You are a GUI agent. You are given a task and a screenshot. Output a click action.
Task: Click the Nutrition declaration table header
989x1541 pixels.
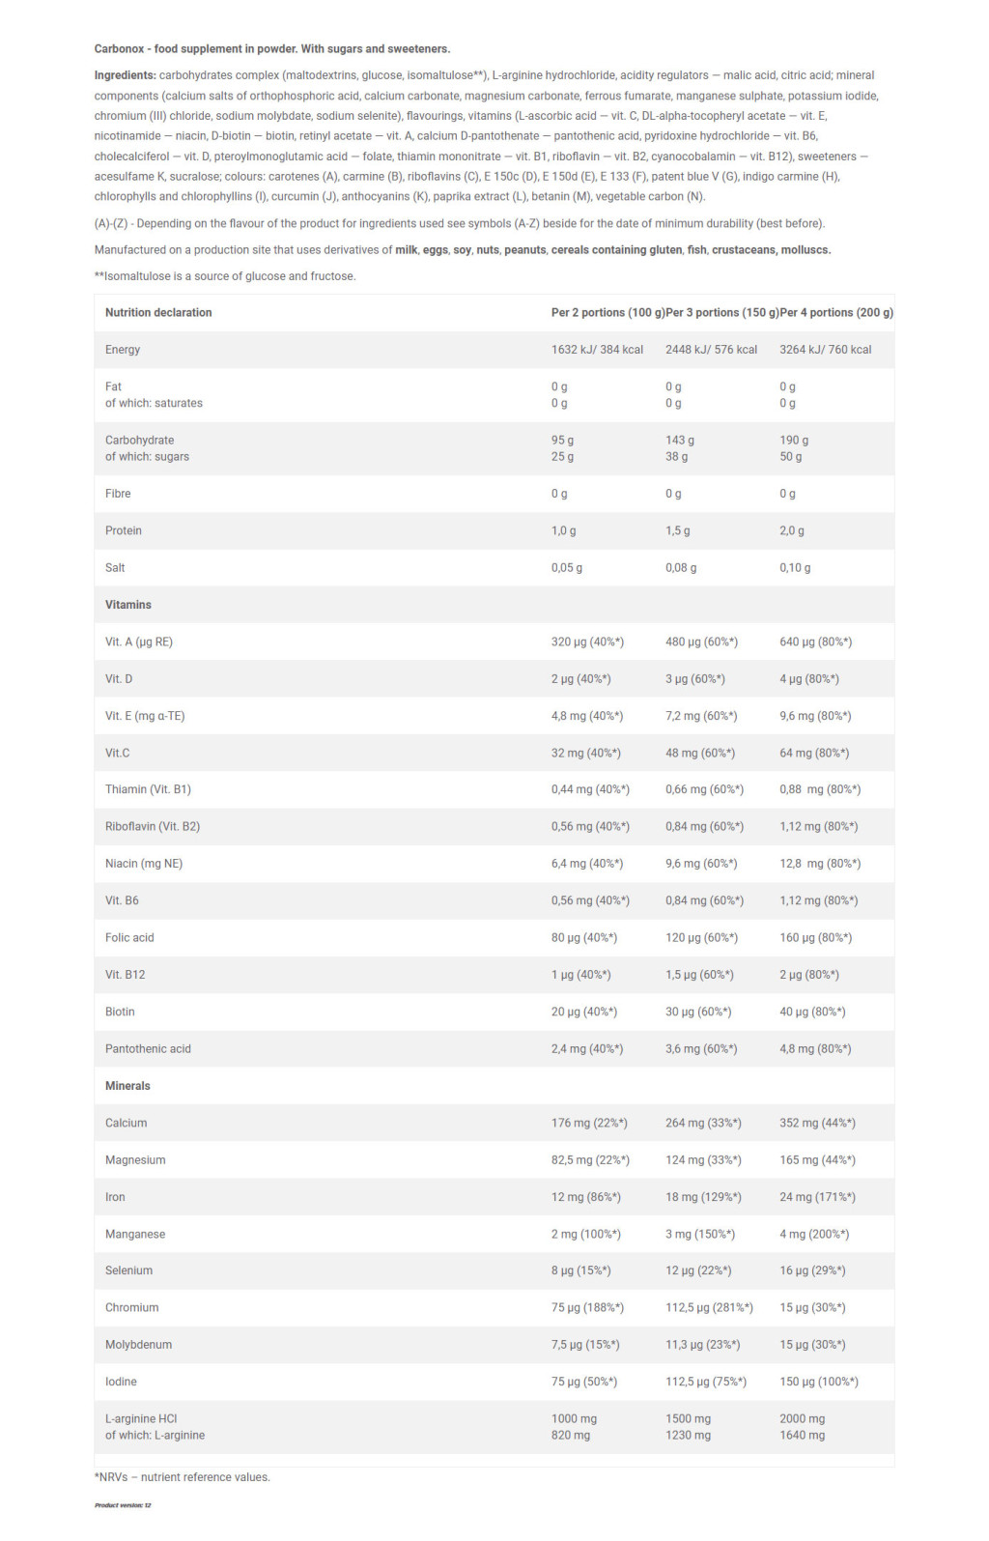pos(158,312)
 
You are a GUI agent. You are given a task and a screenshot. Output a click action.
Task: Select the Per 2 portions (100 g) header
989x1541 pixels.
pos(608,312)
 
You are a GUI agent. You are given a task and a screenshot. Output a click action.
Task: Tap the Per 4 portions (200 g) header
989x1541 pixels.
pos(836,312)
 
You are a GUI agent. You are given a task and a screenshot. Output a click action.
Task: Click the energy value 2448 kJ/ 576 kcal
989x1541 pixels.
pos(711,350)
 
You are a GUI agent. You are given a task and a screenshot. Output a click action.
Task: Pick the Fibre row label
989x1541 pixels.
pos(118,494)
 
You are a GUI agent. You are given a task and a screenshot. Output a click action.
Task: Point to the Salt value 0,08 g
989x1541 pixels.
pos(681,568)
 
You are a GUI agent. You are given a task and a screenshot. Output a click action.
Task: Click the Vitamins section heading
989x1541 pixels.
pos(128,605)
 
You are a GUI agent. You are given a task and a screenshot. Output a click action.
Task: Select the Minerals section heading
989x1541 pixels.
pos(127,1086)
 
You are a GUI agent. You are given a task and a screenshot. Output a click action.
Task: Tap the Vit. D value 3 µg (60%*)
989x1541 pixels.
pos(695,679)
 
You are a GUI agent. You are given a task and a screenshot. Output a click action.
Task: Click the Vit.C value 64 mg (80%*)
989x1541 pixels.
pos(814,753)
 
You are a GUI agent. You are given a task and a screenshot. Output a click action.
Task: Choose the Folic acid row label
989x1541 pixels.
pos(129,937)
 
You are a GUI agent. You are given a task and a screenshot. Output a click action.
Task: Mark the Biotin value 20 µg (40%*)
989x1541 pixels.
pos(584,1012)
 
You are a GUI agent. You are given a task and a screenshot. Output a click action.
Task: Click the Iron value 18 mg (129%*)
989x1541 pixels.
pos(703,1197)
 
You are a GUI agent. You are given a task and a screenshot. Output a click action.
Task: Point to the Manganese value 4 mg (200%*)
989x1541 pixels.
pos(814,1234)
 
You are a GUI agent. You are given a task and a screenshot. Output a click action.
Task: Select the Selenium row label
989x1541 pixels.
pos(128,1270)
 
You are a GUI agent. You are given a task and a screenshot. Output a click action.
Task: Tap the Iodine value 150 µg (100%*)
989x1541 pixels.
pos(819,1382)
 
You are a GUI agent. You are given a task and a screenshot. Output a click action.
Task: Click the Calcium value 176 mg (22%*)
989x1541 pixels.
pos(589,1123)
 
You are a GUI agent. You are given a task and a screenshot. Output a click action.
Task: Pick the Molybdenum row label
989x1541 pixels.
pos(138,1345)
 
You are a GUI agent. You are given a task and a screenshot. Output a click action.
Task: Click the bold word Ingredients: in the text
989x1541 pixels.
pos(125,75)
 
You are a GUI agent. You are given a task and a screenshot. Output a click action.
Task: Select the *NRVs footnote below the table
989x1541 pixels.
pos(183,1477)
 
